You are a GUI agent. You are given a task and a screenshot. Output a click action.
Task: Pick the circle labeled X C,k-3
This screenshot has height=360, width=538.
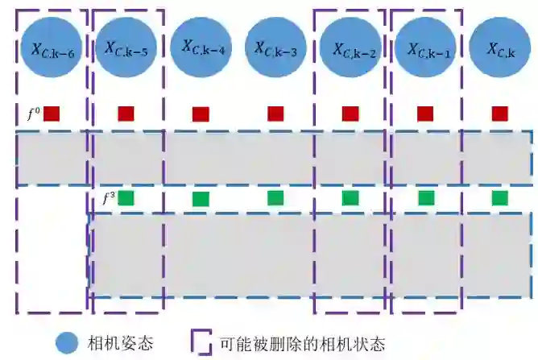click(275, 48)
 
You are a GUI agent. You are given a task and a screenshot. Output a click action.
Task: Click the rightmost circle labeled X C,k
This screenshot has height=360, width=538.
click(500, 48)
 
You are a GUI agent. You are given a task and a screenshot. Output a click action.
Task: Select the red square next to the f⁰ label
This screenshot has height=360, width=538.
click(52, 114)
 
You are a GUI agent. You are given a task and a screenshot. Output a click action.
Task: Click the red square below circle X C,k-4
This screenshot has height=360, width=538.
click(201, 114)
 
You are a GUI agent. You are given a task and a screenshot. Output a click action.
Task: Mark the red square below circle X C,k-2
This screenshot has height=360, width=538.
click(350, 114)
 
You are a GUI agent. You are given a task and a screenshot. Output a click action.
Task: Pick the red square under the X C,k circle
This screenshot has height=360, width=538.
click(499, 114)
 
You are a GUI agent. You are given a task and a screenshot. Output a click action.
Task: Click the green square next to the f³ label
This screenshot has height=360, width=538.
click(126, 197)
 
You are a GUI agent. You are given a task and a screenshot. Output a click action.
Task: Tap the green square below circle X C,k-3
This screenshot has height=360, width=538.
click(275, 197)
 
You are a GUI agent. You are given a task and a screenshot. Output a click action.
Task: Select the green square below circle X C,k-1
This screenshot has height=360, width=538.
click(426, 197)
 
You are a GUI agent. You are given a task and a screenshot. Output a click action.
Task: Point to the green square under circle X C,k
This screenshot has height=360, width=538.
click(499, 197)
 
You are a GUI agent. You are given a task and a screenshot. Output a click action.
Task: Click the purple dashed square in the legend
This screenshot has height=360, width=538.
click(201, 342)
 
